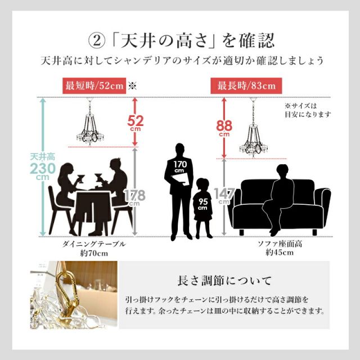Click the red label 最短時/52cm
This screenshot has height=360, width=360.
[x=94, y=86]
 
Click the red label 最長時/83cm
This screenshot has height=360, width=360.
[x=246, y=86]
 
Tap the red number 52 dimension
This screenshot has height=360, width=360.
[x=136, y=121]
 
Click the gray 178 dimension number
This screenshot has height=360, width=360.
[x=136, y=195]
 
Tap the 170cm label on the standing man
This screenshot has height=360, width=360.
[x=179, y=166]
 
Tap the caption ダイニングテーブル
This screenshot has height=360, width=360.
[x=93, y=244]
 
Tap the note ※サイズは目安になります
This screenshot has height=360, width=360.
[x=307, y=109]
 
